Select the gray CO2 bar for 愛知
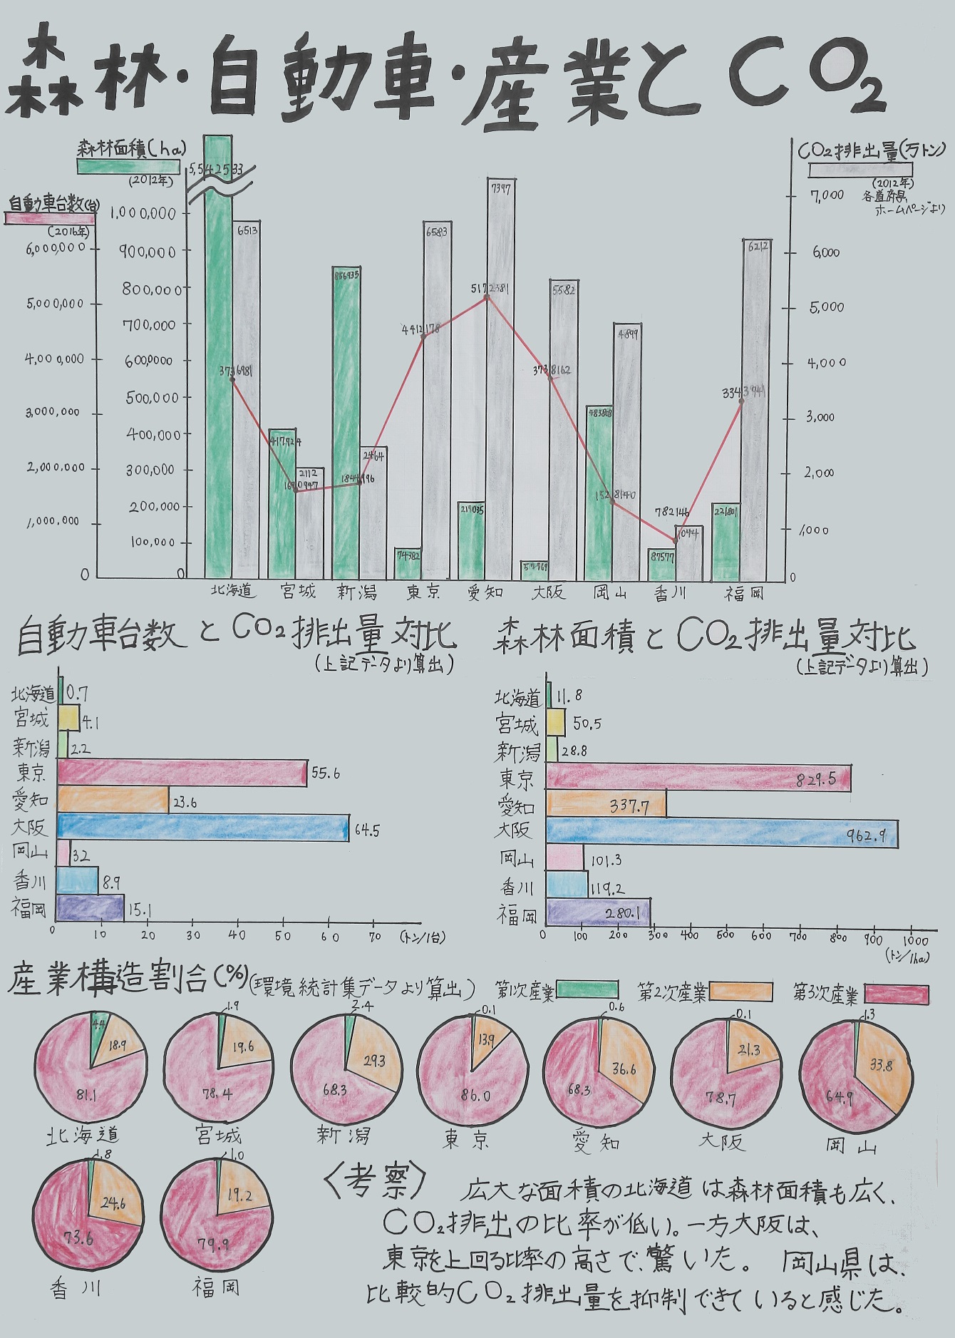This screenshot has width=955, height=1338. click(501, 378)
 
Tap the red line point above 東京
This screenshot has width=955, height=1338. click(423, 336)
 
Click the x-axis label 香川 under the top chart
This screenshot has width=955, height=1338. click(671, 593)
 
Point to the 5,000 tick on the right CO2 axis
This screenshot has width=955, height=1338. click(827, 307)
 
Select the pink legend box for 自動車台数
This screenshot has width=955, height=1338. click(50, 218)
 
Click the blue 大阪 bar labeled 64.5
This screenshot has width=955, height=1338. click(203, 828)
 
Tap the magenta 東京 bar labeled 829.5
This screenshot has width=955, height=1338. click(698, 778)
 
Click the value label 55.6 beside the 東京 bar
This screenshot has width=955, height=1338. click(325, 773)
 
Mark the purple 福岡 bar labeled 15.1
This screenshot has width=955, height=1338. click(90, 908)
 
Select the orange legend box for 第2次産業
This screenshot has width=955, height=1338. click(741, 992)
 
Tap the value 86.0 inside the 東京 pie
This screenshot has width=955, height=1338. click(475, 1096)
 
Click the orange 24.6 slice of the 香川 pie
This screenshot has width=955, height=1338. click(114, 1203)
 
